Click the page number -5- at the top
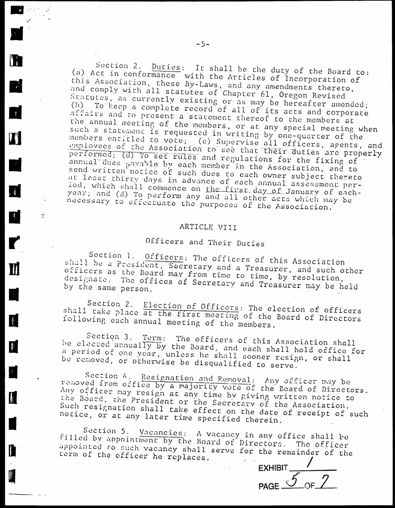pyautogui.click(x=203, y=44)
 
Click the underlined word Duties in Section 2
pyautogui.click(x=166, y=67)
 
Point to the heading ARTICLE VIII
pyautogui.click(x=208, y=227)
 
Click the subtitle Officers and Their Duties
pyautogui.click(x=205, y=242)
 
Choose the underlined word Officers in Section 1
pyautogui.click(x=164, y=257)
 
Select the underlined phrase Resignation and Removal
pyautogui.click(x=196, y=379)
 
